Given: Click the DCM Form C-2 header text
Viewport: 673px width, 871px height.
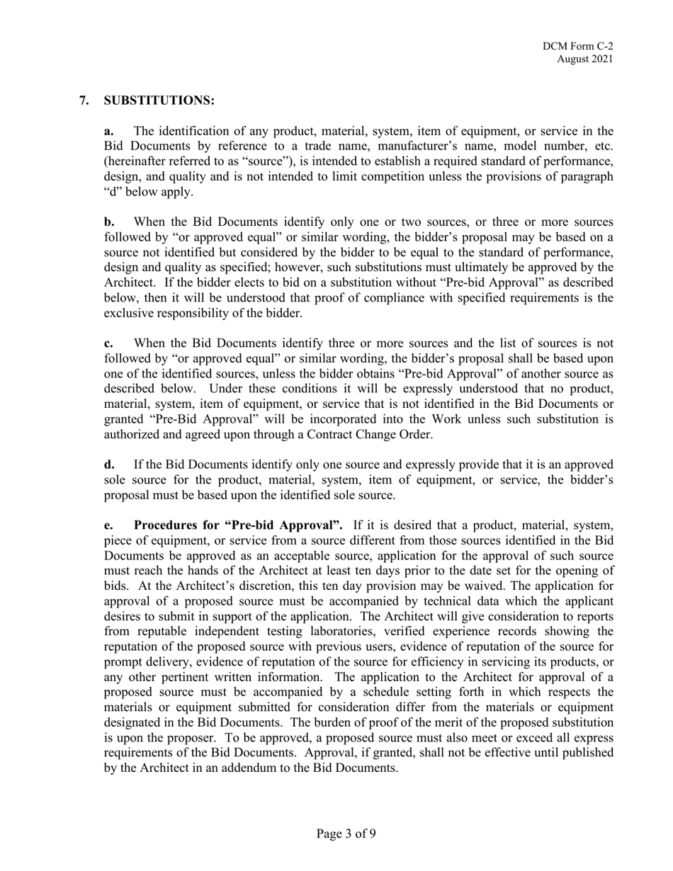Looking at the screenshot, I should pos(577,46).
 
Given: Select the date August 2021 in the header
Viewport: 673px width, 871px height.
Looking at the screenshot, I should pos(584,59).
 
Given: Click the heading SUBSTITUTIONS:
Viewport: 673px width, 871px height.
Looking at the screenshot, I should pos(159,101).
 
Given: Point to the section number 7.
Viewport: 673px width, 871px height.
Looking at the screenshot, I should pos(84,101).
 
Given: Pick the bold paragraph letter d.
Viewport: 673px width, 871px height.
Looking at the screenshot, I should pos(109,465).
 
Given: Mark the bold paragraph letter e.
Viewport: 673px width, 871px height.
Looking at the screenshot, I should pos(108,525).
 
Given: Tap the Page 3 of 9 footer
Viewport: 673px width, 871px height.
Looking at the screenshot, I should pos(346,833).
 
